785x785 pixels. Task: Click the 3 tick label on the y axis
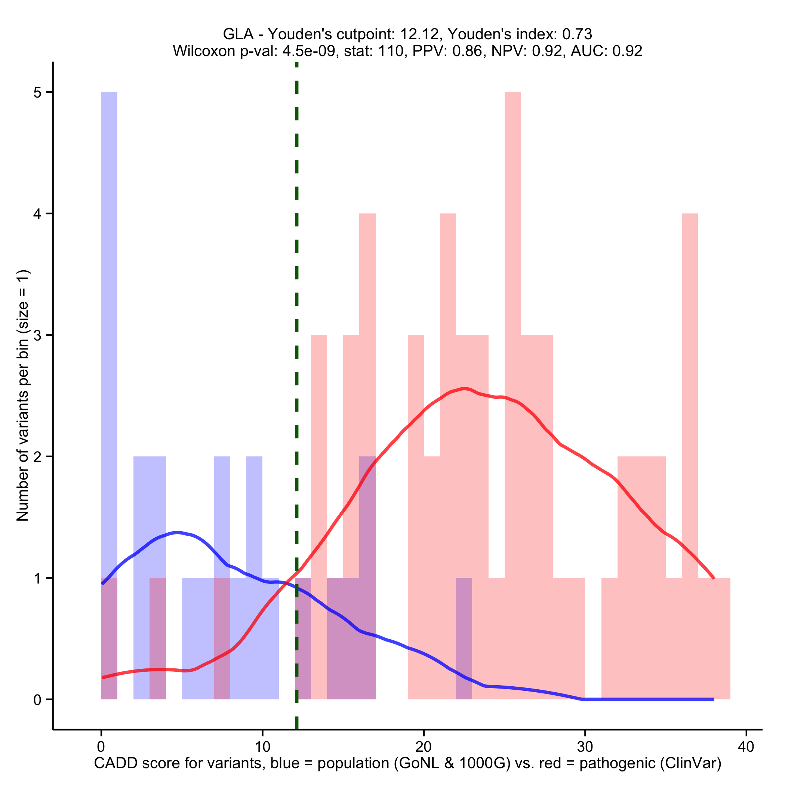(37, 336)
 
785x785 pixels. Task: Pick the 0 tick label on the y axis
(37, 700)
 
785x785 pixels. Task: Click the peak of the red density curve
(464, 389)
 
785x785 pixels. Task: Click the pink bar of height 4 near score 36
(690, 406)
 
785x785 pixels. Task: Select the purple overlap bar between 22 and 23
(464, 638)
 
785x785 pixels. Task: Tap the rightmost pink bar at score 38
(722, 638)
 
